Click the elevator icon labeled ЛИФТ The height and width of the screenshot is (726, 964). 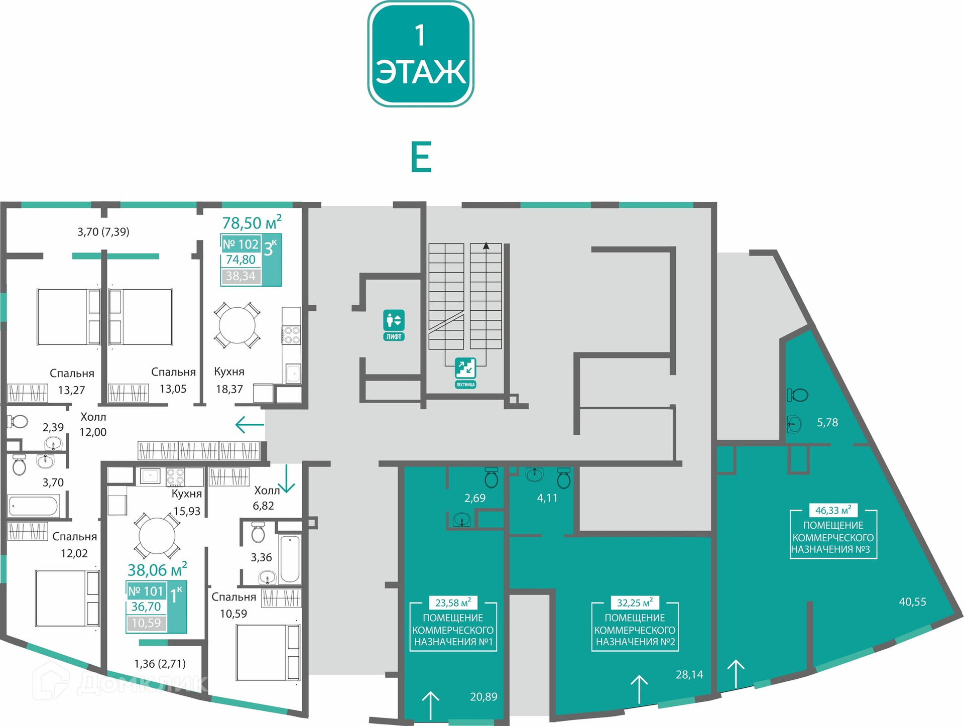394,325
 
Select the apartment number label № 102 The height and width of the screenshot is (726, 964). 240,245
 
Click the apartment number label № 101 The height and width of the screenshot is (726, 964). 146,591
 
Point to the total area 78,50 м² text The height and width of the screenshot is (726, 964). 252,222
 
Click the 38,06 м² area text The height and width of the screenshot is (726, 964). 157,569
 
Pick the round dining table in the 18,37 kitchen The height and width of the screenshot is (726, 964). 237,325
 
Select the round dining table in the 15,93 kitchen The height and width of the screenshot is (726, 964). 157,536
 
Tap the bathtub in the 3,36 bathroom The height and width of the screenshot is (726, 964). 290,559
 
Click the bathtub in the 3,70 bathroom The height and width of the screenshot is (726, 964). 34,506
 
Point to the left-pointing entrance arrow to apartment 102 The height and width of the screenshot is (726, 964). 250,425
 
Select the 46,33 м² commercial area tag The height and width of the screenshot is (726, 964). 833,510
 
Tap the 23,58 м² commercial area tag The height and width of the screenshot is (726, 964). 453,602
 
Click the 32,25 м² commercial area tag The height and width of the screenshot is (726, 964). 635,602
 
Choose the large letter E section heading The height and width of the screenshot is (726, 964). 421,157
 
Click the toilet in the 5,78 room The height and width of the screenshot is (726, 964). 797,395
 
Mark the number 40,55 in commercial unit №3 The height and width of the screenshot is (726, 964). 912,601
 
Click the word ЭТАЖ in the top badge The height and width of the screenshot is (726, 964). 421,72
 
